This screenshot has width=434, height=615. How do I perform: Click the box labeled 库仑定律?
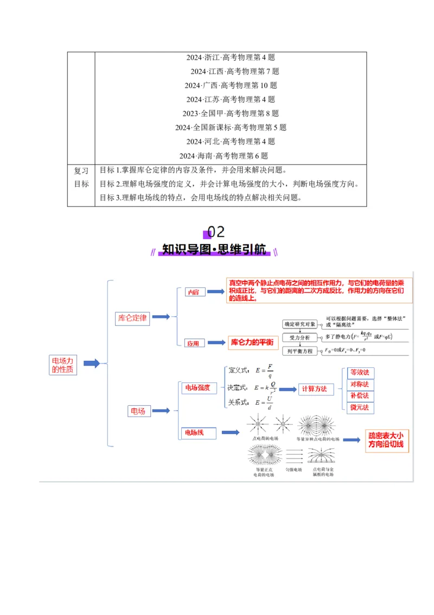132,318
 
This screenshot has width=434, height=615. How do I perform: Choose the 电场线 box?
198,433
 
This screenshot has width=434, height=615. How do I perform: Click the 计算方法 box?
314,389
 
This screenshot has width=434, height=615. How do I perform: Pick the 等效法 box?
360,373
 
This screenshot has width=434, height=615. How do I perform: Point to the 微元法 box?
360,407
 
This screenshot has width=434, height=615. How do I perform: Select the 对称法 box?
360,384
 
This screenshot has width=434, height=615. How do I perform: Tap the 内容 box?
194,292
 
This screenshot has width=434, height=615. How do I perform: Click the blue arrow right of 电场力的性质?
91,363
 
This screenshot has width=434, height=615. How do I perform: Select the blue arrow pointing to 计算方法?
288,389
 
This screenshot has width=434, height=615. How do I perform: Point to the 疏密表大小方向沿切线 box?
386,440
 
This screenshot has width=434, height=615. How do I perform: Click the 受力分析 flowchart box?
300,337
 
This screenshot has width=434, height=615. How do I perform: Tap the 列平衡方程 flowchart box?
300,351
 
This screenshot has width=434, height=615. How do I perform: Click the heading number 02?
215,232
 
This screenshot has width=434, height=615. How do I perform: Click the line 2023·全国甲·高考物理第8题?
231,114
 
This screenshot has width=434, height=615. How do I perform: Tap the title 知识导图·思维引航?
215,250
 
